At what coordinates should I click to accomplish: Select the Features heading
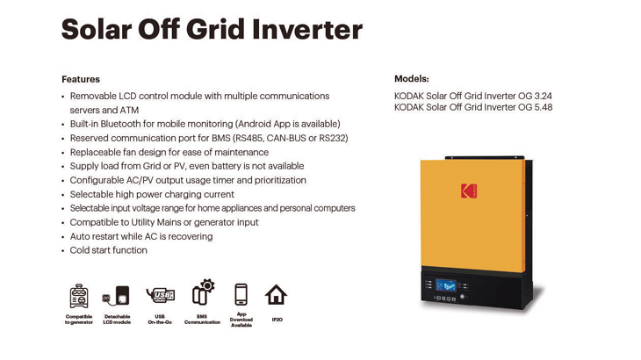coord(81,79)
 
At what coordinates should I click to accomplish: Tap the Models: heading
coord(412,79)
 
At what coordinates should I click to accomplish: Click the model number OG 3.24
coord(535,96)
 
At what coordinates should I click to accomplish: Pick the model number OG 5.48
coord(536,107)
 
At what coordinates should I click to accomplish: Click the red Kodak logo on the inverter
coord(469,191)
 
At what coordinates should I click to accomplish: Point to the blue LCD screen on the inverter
coord(445,284)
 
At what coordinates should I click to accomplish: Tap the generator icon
coord(78,296)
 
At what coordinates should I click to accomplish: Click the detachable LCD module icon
coord(117,295)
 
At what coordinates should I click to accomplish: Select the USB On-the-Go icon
coord(160,295)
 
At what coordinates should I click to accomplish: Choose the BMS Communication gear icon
coord(203,292)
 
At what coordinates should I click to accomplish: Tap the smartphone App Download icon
coord(241,294)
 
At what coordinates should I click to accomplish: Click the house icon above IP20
coord(276,295)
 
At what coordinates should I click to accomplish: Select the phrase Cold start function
coord(108,250)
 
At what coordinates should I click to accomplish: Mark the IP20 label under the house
coord(277,320)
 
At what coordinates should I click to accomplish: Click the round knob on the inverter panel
coord(463,297)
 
